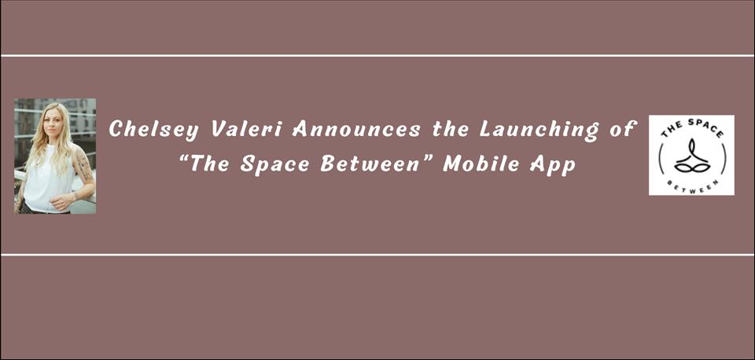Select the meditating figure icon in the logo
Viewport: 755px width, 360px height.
pyautogui.click(x=691, y=156)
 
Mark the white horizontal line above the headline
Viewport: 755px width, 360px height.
pyautogui.click(x=377, y=56)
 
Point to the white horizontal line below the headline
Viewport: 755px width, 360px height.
pyautogui.click(x=377, y=255)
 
